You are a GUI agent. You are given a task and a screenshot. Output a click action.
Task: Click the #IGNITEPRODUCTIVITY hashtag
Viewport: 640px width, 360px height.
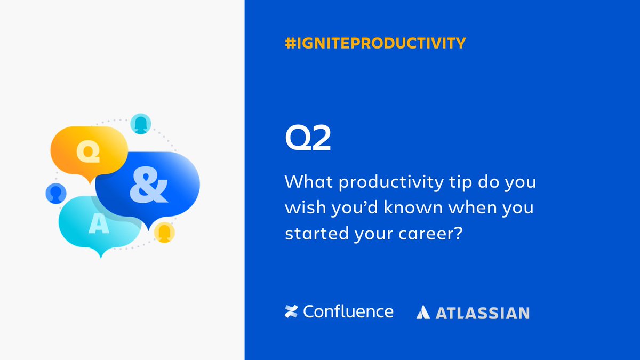375,43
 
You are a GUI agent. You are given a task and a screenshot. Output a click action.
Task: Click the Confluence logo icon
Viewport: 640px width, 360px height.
291,311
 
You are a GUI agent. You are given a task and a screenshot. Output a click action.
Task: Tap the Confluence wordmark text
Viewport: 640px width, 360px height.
348,311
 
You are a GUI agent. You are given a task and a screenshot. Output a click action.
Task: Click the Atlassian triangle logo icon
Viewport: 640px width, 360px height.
423,313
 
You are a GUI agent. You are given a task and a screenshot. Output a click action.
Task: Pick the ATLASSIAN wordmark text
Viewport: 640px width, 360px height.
483,313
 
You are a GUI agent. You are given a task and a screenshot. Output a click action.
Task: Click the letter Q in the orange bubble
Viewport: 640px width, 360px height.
88,152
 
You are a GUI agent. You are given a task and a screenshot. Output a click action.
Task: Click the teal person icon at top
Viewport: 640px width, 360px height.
140,124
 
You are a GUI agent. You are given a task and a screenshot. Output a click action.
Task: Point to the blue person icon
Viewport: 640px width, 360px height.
55,193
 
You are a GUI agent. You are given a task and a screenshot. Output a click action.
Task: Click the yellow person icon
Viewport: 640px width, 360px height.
164,232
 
